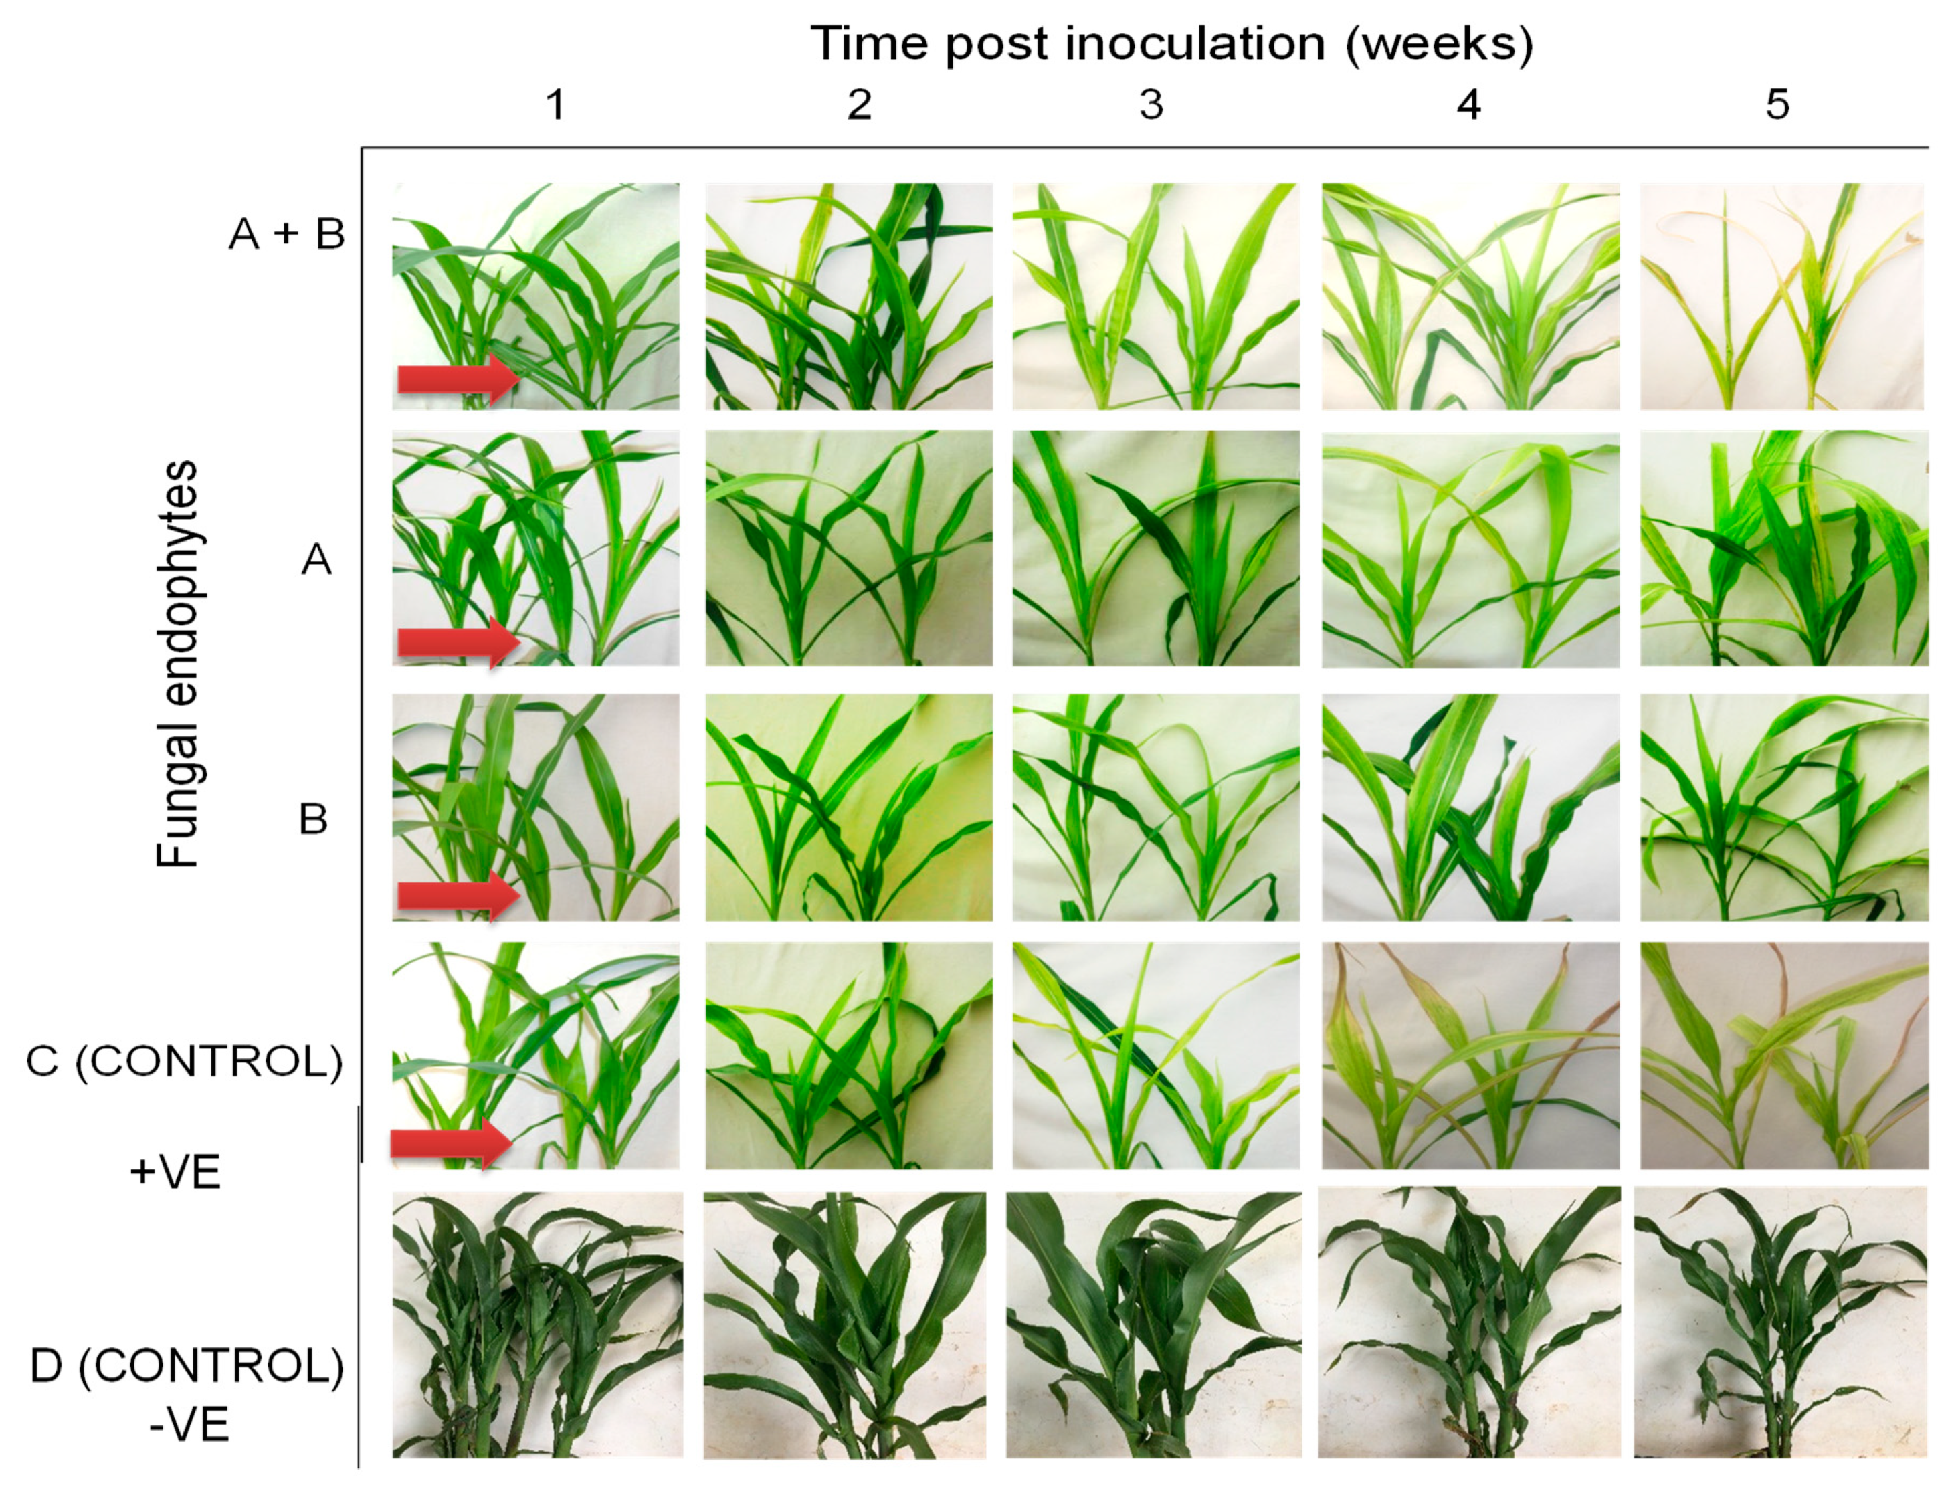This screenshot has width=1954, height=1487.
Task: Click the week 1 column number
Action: tap(555, 105)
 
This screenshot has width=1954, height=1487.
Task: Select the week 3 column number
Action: tap(1151, 105)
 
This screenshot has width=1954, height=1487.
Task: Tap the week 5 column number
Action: tap(1777, 105)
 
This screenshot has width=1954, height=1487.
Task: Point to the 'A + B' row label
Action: tap(286, 235)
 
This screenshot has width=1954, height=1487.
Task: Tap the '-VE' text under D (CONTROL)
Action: tap(189, 1424)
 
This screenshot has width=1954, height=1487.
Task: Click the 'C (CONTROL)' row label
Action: tap(184, 1060)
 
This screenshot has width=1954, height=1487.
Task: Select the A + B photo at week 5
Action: tap(1781, 296)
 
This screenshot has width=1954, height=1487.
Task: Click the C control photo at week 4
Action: tap(1470, 1054)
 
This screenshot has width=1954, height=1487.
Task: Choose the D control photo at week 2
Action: tap(844, 1324)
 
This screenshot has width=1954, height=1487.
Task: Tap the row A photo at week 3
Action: tap(1156, 548)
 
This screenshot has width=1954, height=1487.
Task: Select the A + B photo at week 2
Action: tap(848, 296)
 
